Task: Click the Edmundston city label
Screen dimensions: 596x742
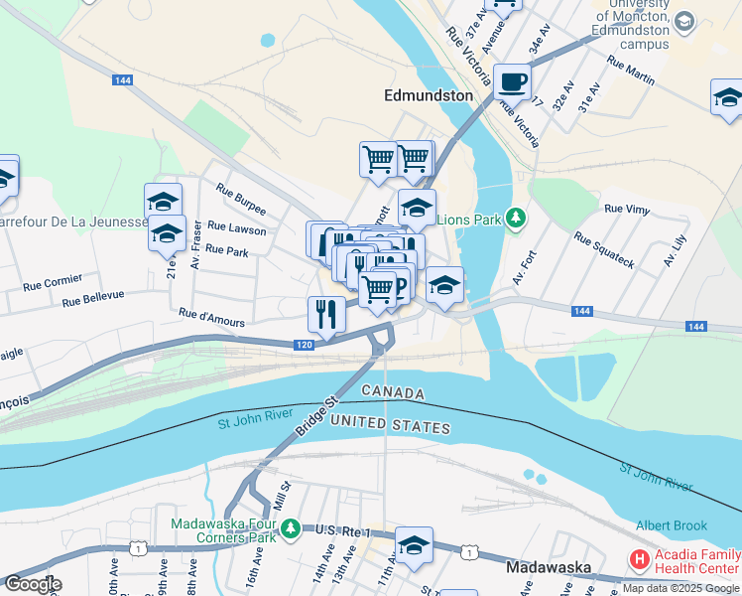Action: click(x=428, y=95)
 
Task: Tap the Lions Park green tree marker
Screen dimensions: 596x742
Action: click(x=515, y=218)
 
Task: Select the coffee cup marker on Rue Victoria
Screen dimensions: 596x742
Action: click(x=512, y=81)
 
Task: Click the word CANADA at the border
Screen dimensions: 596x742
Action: click(x=393, y=393)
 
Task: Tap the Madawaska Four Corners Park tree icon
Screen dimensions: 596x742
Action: click(x=290, y=526)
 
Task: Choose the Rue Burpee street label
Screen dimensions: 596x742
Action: click(x=241, y=209)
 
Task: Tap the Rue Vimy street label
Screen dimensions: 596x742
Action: click(x=626, y=209)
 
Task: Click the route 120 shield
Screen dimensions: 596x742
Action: click(x=305, y=345)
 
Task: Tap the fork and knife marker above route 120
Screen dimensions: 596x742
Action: click(x=326, y=315)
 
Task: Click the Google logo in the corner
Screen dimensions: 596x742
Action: click(x=32, y=584)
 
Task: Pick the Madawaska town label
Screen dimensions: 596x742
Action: click(x=549, y=568)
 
